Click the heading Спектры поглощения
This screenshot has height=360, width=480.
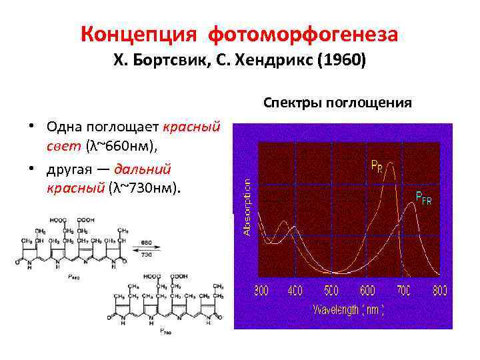point(337,103)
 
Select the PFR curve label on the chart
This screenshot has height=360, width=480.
point(423,197)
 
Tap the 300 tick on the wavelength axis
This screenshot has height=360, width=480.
point(261,291)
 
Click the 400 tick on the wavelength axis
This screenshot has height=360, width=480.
point(295,291)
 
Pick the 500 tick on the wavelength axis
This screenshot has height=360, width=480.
point(331,291)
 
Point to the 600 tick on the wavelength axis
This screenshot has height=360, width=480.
point(368,291)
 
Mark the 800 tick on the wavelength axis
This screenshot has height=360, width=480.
point(439,291)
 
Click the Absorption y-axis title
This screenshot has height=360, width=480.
point(246,206)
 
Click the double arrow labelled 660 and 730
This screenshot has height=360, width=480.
point(146,249)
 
